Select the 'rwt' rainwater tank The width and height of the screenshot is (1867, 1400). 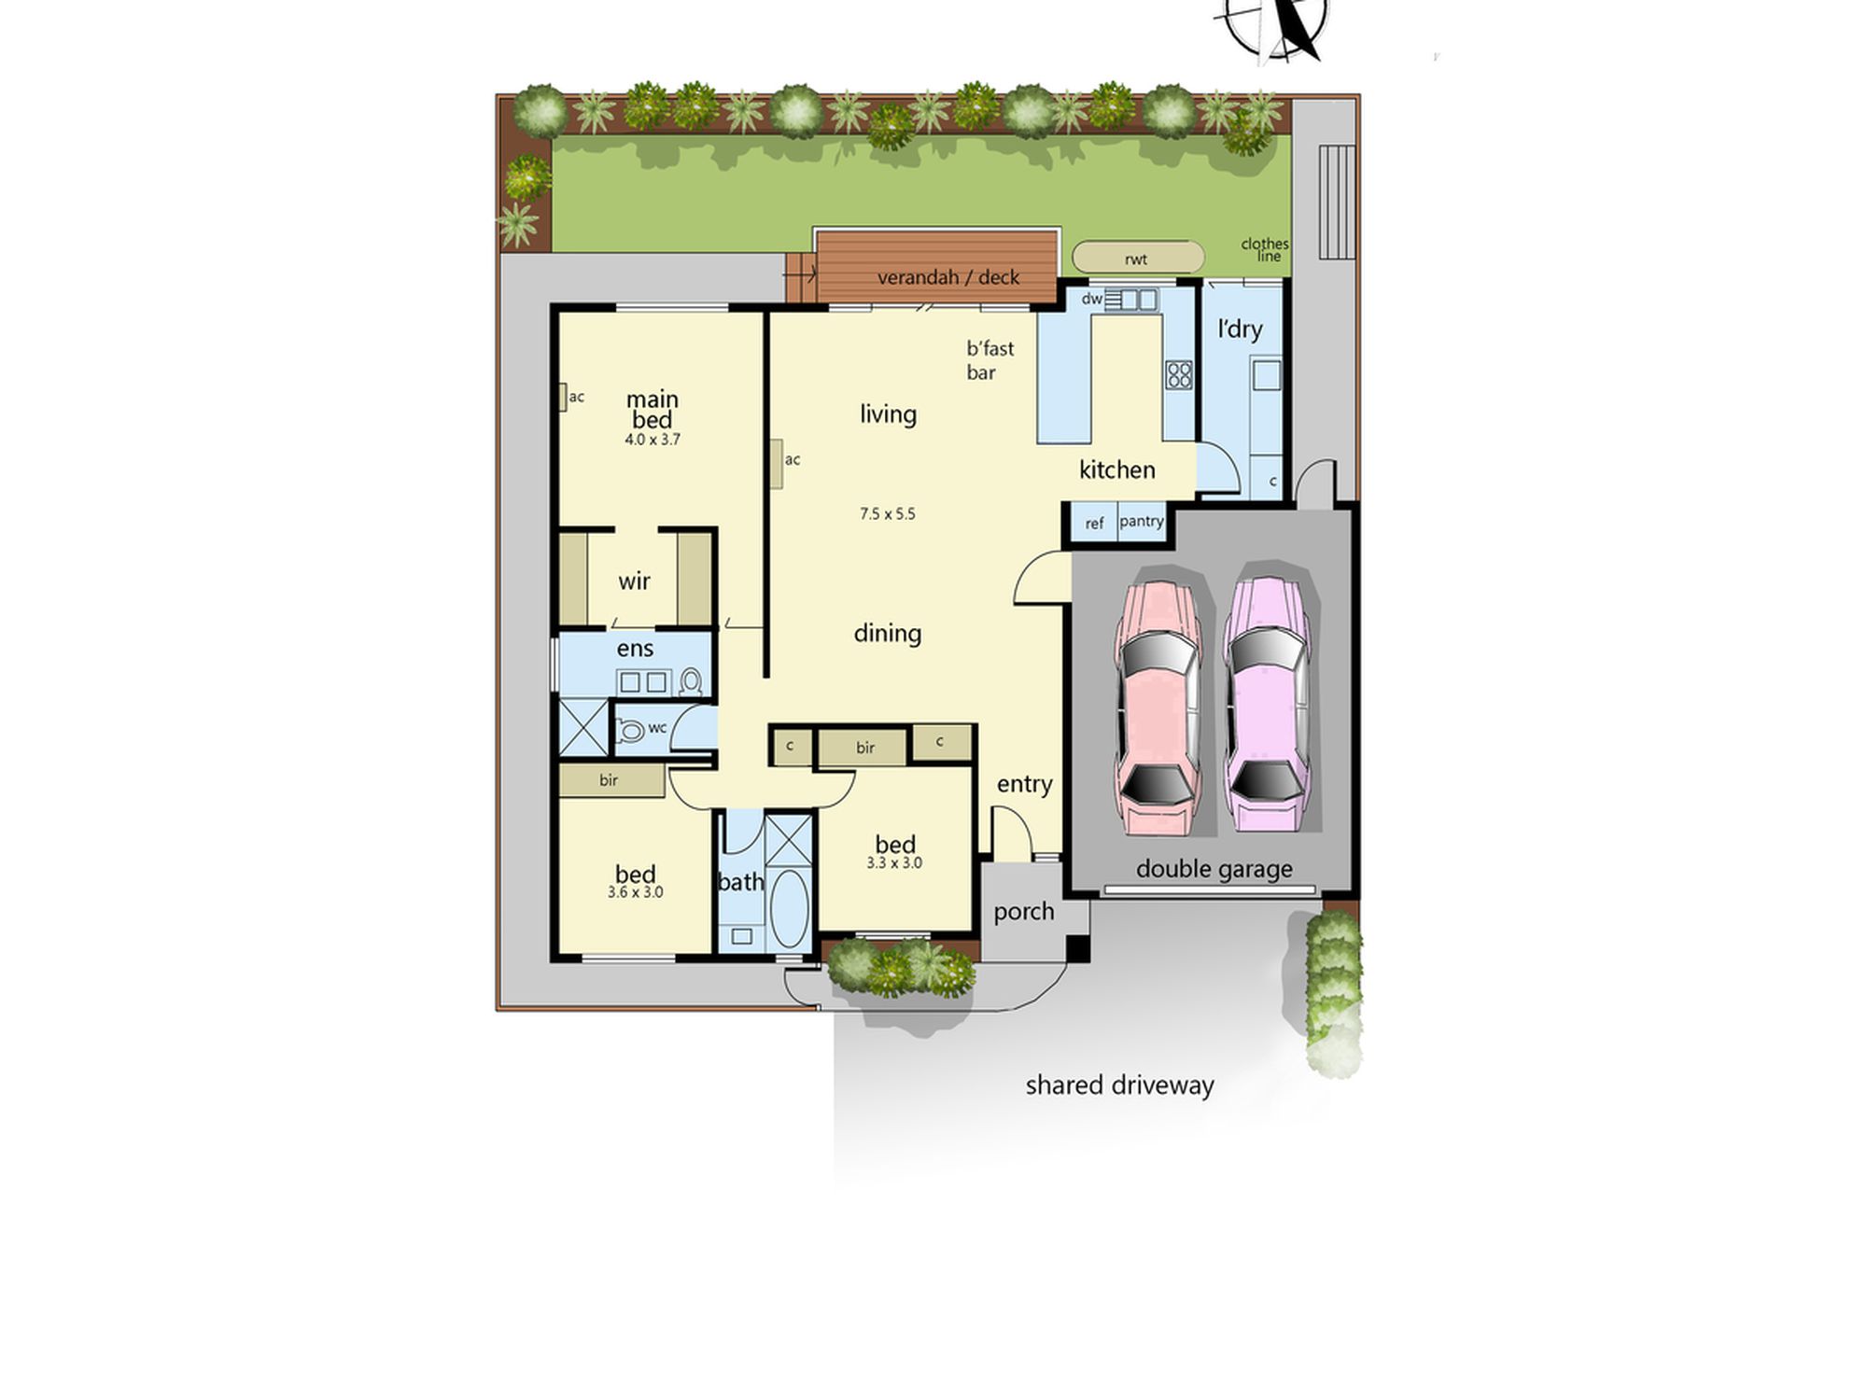pyautogui.click(x=1138, y=258)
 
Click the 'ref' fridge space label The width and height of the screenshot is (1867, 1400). pyautogui.click(x=1094, y=525)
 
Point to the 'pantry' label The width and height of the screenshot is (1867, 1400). pyautogui.click(x=1142, y=521)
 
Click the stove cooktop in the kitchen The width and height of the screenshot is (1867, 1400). pyautogui.click(x=1179, y=374)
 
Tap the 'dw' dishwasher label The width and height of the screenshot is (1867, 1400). pyautogui.click(x=1091, y=300)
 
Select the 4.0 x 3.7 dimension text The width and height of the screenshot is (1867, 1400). pyautogui.click(x=653, y=440)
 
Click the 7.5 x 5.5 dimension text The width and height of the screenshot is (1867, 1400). pyautogui.click(x=888, y=513)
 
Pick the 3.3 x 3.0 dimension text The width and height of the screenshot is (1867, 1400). pyautogui.click(x=894, y=863)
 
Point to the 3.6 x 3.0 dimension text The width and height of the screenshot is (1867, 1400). pyautogui.click(x=636, y=892)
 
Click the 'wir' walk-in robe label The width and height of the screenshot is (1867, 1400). pyautogui.click(x=634, y=581)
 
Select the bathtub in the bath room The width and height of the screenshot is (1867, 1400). pyautogui.click(x=790, y=909)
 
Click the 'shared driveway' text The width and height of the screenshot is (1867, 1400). pyautogui.click(x=1120, y=1085)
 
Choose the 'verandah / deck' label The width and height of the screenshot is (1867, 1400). pyautogui.click(x=948, y=277)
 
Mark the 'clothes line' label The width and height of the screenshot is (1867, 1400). pyautogui.click(x=1265, y=250)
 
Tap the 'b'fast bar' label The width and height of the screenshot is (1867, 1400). pyautogui.click(x=990, y=360)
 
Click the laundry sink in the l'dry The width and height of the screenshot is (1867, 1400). pyautogui.click(x=1267, y=376)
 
